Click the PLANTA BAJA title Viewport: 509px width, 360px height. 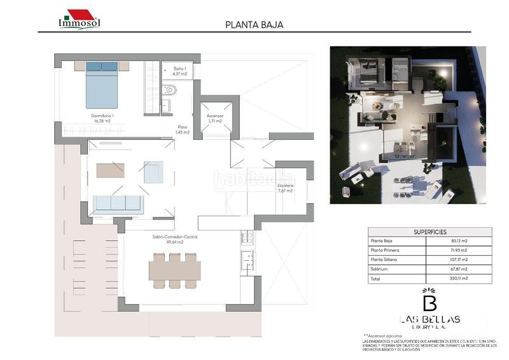pos(254,25)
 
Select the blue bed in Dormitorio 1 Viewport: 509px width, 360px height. pos(102,84)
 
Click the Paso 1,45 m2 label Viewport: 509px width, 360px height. pos(183,129)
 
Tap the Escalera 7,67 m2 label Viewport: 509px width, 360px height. pos(285,188)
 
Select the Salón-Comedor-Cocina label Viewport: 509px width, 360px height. pos(168,239)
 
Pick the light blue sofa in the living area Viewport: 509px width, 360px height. pos(118,204)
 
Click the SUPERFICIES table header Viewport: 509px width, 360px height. pos(429,232)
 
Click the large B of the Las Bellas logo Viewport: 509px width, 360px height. pos(429,300)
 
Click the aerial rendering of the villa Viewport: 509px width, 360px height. pos(407,125)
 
